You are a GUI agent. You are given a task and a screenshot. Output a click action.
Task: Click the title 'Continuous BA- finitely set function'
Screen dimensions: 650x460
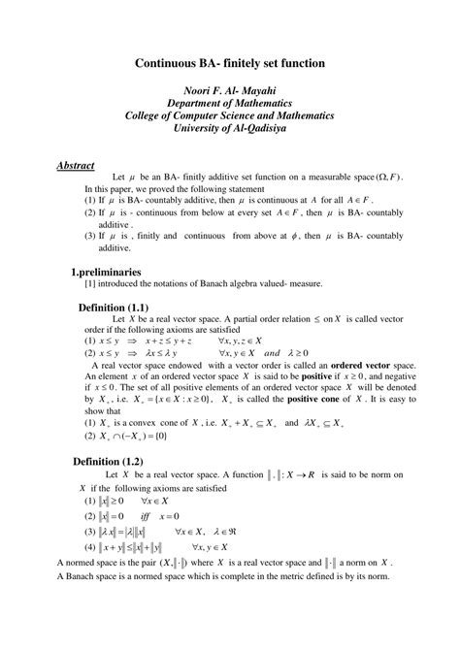[229, 63]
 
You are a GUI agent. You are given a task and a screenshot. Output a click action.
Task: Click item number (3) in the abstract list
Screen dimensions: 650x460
[63, 236]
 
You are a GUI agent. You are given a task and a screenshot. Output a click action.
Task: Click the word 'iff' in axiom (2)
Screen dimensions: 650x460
[159, 516]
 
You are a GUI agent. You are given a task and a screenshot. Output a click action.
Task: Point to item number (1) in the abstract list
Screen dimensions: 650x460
[63, 199]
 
